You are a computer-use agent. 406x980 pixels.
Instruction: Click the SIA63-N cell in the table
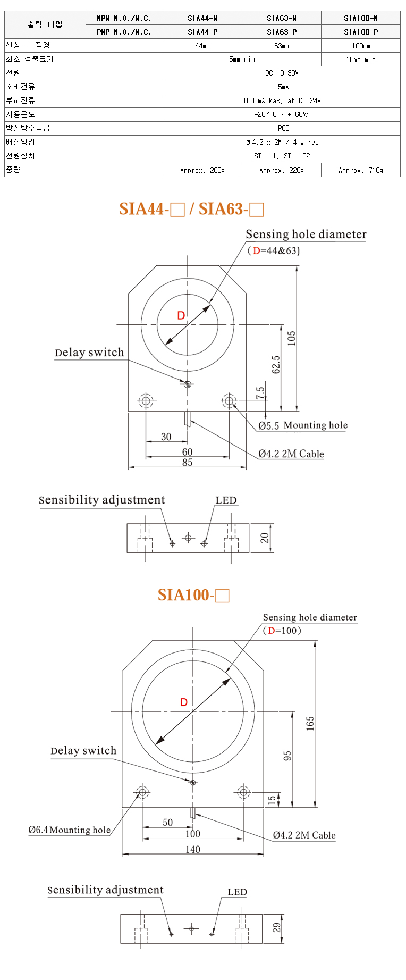pyautogui.click(x=282, y=18)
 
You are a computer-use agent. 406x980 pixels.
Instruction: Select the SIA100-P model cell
pyautogui.click(x=361, y=32)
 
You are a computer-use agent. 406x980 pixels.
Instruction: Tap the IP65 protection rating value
pyautogui.click(x=282, y=128)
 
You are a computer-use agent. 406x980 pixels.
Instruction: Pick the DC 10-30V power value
pyautogui.click(x=282, y=73)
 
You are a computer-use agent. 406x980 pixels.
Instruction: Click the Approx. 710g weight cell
pyautogui.click(x=361, y=170)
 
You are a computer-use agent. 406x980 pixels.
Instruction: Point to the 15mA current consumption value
pyautogui.click(x=282, y=87)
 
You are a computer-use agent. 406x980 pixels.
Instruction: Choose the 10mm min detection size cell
pyautogui.click(x=361, y=60)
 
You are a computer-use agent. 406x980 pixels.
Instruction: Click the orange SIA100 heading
pyautogui.click(x=193, y=594)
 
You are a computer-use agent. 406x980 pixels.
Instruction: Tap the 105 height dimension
pyautogui.click(x=291, y=338)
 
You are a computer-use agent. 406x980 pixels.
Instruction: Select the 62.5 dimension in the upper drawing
pyautogui.click(x=276, y=365)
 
